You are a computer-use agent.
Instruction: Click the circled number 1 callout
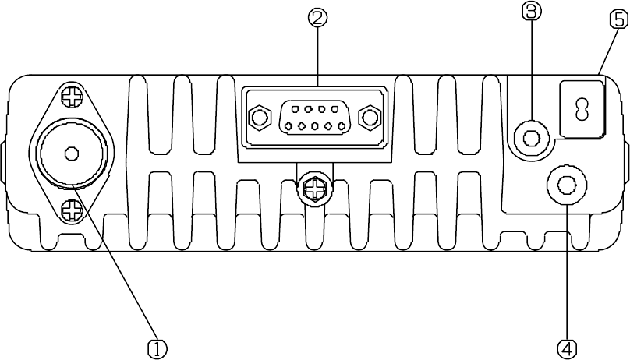click(157, 347)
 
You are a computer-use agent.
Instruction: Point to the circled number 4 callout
click(568, 347)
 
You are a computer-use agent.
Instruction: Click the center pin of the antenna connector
click(71, 153)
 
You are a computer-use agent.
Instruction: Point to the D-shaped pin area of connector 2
click(313, 118)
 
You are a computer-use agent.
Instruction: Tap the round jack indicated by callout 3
click(532, 139)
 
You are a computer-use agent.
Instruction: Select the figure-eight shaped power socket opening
click(581, 109)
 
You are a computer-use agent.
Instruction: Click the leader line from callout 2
click(317, 55)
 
